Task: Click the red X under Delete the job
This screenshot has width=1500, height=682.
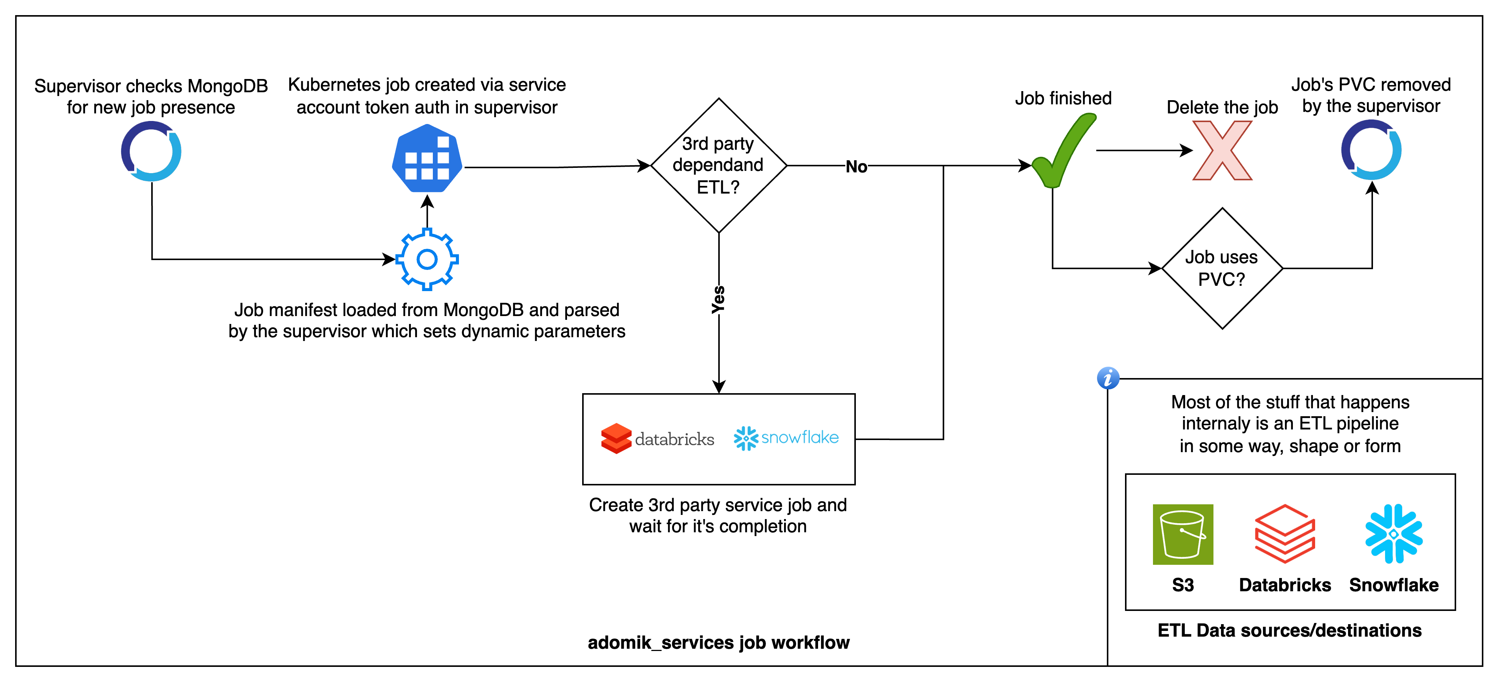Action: coord(1222,150)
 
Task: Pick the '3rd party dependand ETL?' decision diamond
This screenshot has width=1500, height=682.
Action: coord(719,166)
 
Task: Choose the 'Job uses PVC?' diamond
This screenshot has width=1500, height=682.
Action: coord(1222,268)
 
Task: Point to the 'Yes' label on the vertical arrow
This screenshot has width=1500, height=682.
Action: coord(719,299)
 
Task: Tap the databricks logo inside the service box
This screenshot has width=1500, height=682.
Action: coord(657,439)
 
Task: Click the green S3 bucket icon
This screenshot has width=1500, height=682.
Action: coord(1182,534)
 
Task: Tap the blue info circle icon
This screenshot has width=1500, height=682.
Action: coord(1108,378)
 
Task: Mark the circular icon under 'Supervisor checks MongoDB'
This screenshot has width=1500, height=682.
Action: coord(151,151)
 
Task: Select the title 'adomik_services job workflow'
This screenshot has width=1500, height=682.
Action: coord(719,642)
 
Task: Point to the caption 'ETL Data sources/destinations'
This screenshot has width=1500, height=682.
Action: coord(1289,630)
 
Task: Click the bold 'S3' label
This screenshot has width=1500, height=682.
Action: coord(1182,585)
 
